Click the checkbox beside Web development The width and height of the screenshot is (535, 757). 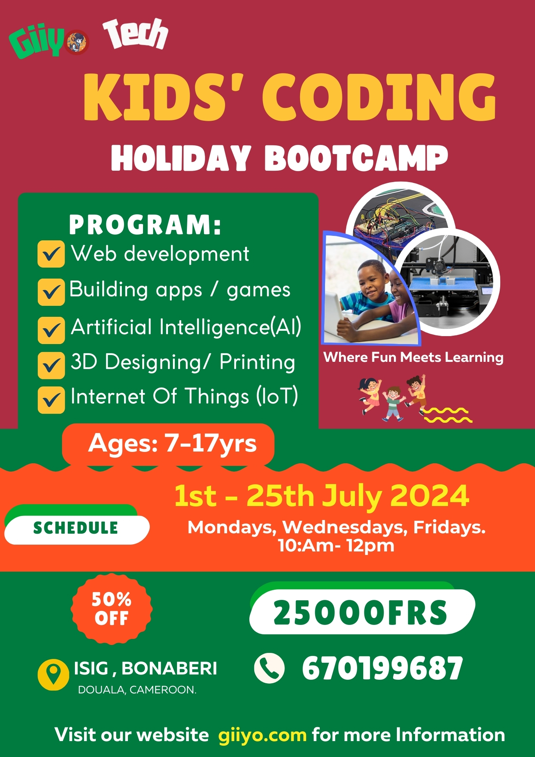click(51, 254)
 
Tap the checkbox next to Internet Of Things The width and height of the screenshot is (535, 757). click(51, 400)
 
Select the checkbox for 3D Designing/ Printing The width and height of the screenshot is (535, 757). click(51, 365)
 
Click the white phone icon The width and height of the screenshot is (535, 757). click(269, 668)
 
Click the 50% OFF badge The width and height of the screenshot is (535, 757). click(112, 609)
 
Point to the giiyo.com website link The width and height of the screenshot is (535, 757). click(262, 735)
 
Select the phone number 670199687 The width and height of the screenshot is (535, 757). click(382, 668)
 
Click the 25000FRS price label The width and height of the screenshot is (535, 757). click(362, 612)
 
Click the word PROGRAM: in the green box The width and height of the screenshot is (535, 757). click(145, 225)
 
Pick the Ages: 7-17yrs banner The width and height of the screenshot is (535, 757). click(168, 444)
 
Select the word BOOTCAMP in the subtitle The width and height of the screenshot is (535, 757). click(356, 158)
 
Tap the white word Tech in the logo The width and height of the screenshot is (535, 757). click(135, 34)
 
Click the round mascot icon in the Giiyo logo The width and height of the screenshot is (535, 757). click(78, 42)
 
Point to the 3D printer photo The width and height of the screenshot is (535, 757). click(446, 282)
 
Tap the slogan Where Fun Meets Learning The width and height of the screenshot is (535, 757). click(414, 358)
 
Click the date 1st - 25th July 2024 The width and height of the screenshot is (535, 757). click(322, 496)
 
